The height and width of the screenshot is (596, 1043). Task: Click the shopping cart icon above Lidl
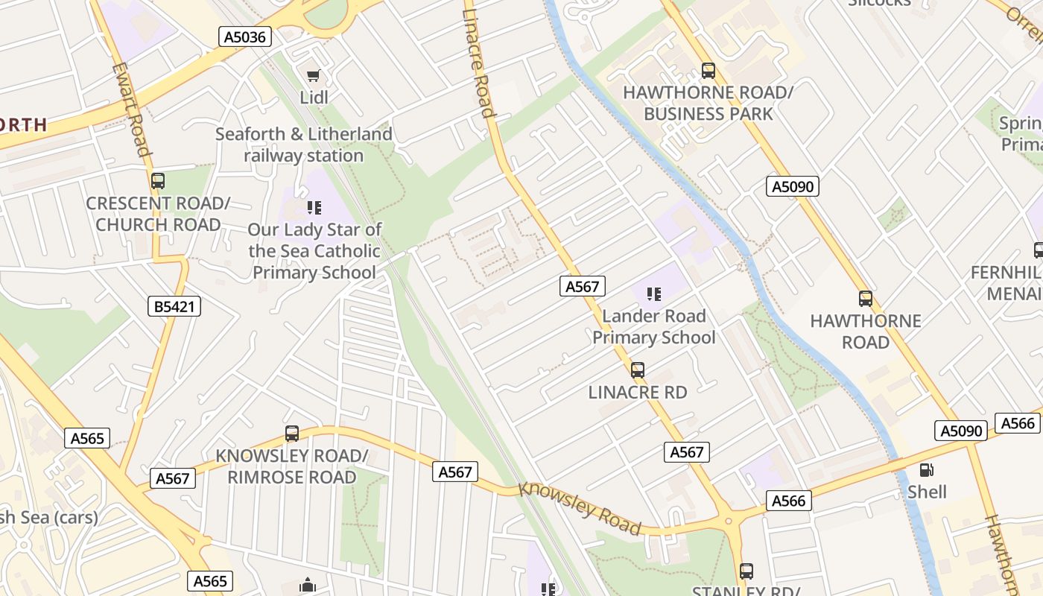[314, 74]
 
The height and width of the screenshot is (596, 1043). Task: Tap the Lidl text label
[314, 97]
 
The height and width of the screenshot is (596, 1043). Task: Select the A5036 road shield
[244, 37]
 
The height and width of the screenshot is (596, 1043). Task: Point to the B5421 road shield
[174, 305]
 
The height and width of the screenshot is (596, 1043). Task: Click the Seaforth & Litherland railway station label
[304, 145]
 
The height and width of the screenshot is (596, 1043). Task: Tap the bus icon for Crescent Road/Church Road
[157, 180]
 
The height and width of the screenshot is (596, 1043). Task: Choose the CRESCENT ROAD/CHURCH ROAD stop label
[158, 214]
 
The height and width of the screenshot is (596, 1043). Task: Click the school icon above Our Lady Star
[314, 206]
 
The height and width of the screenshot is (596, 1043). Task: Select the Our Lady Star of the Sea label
[314, 250]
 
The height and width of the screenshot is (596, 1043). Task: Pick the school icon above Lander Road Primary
[653, 294]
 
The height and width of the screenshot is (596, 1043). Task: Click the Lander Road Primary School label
[653, 326]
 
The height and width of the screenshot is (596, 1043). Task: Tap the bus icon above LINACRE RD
[638, 370]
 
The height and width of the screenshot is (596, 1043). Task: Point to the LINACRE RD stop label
[638, 392]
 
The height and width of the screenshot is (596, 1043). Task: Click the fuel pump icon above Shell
[927, 469]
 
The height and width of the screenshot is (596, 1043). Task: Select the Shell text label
[927, 492]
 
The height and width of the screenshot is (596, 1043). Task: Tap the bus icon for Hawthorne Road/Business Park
[708, 71]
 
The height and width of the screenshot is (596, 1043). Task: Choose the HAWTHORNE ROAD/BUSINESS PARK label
[708, 103]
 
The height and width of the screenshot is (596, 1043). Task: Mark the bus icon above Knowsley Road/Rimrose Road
[292, 434]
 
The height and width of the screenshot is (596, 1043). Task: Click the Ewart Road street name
[131, 110]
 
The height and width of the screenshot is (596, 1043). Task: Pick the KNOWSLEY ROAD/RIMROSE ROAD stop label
[292, 466]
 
